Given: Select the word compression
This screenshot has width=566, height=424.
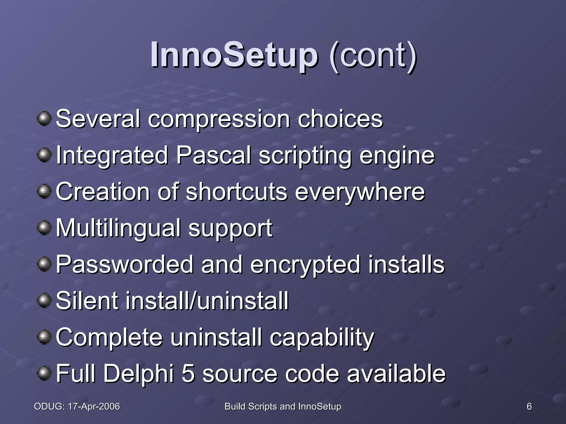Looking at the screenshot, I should [219, 119].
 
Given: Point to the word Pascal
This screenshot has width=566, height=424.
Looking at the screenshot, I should [213, 155].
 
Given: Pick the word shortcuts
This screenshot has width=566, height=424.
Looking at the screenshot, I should [237, 192].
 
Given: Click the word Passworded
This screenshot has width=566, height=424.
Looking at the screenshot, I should [124, 264].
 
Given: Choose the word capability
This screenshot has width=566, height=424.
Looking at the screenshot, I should [322, 338].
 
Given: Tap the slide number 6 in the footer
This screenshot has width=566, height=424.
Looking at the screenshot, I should [529, 406].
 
